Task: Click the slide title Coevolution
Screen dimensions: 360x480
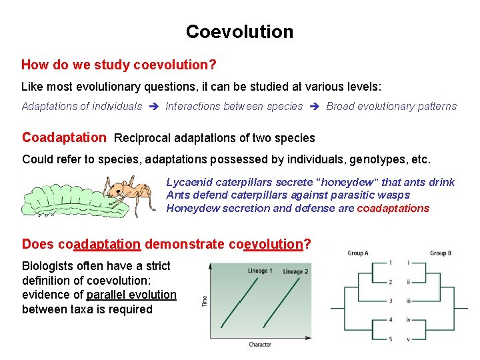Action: pyautogui.click(x=239, y=32)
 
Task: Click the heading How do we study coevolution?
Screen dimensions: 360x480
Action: pyautogui.click(x=119, y=65)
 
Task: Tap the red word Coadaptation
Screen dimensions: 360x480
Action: pyautogui.click(x=64, y=138)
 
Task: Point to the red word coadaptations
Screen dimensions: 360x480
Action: pyautogui.click(x=393, y=208)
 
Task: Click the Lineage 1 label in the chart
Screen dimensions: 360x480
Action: pyautogui.click(x=259, y=271)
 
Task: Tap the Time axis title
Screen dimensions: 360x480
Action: pyautogui.click(x=204, y=301)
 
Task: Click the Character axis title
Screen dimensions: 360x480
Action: pyautogui.click(x=259, y=344)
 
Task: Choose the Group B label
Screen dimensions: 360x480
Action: pyautogui.click(x=442, y=253)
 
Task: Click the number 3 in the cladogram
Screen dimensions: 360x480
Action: pyautogui.click(x=390, y=301)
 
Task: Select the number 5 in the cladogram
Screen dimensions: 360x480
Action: pyautogui.click(x=390, y=339)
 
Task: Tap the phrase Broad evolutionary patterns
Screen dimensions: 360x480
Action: pyautogui.click(x=391, y=106)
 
